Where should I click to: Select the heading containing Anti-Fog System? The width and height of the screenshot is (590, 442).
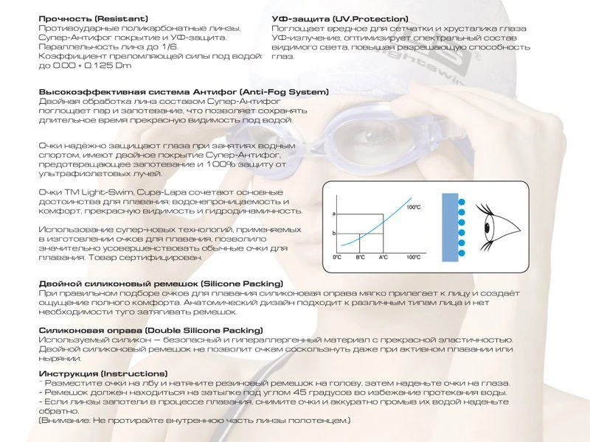pyautogui.click(x=184, y=92)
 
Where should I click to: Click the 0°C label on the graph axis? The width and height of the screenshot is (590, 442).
pyautogui.click(x=337, y=257)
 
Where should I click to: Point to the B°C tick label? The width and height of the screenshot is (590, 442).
pyautogui.click(x=360, y=257)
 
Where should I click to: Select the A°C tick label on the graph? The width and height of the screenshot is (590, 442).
pyautogui.click(x=383, y=257)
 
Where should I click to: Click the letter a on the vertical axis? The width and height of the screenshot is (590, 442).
pyautogui.click(x=334, y=214)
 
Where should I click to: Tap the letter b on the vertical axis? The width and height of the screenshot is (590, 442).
pyautogui.click(x=334, y=234)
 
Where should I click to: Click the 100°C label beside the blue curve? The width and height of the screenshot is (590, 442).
pyautogui.click(x=414, y=208)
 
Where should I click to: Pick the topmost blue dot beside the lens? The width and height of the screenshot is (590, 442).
pyautogui.click(x=462, y=202)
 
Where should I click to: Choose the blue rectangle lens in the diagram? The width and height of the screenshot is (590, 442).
pyautogui.click(x=450, y=228)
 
